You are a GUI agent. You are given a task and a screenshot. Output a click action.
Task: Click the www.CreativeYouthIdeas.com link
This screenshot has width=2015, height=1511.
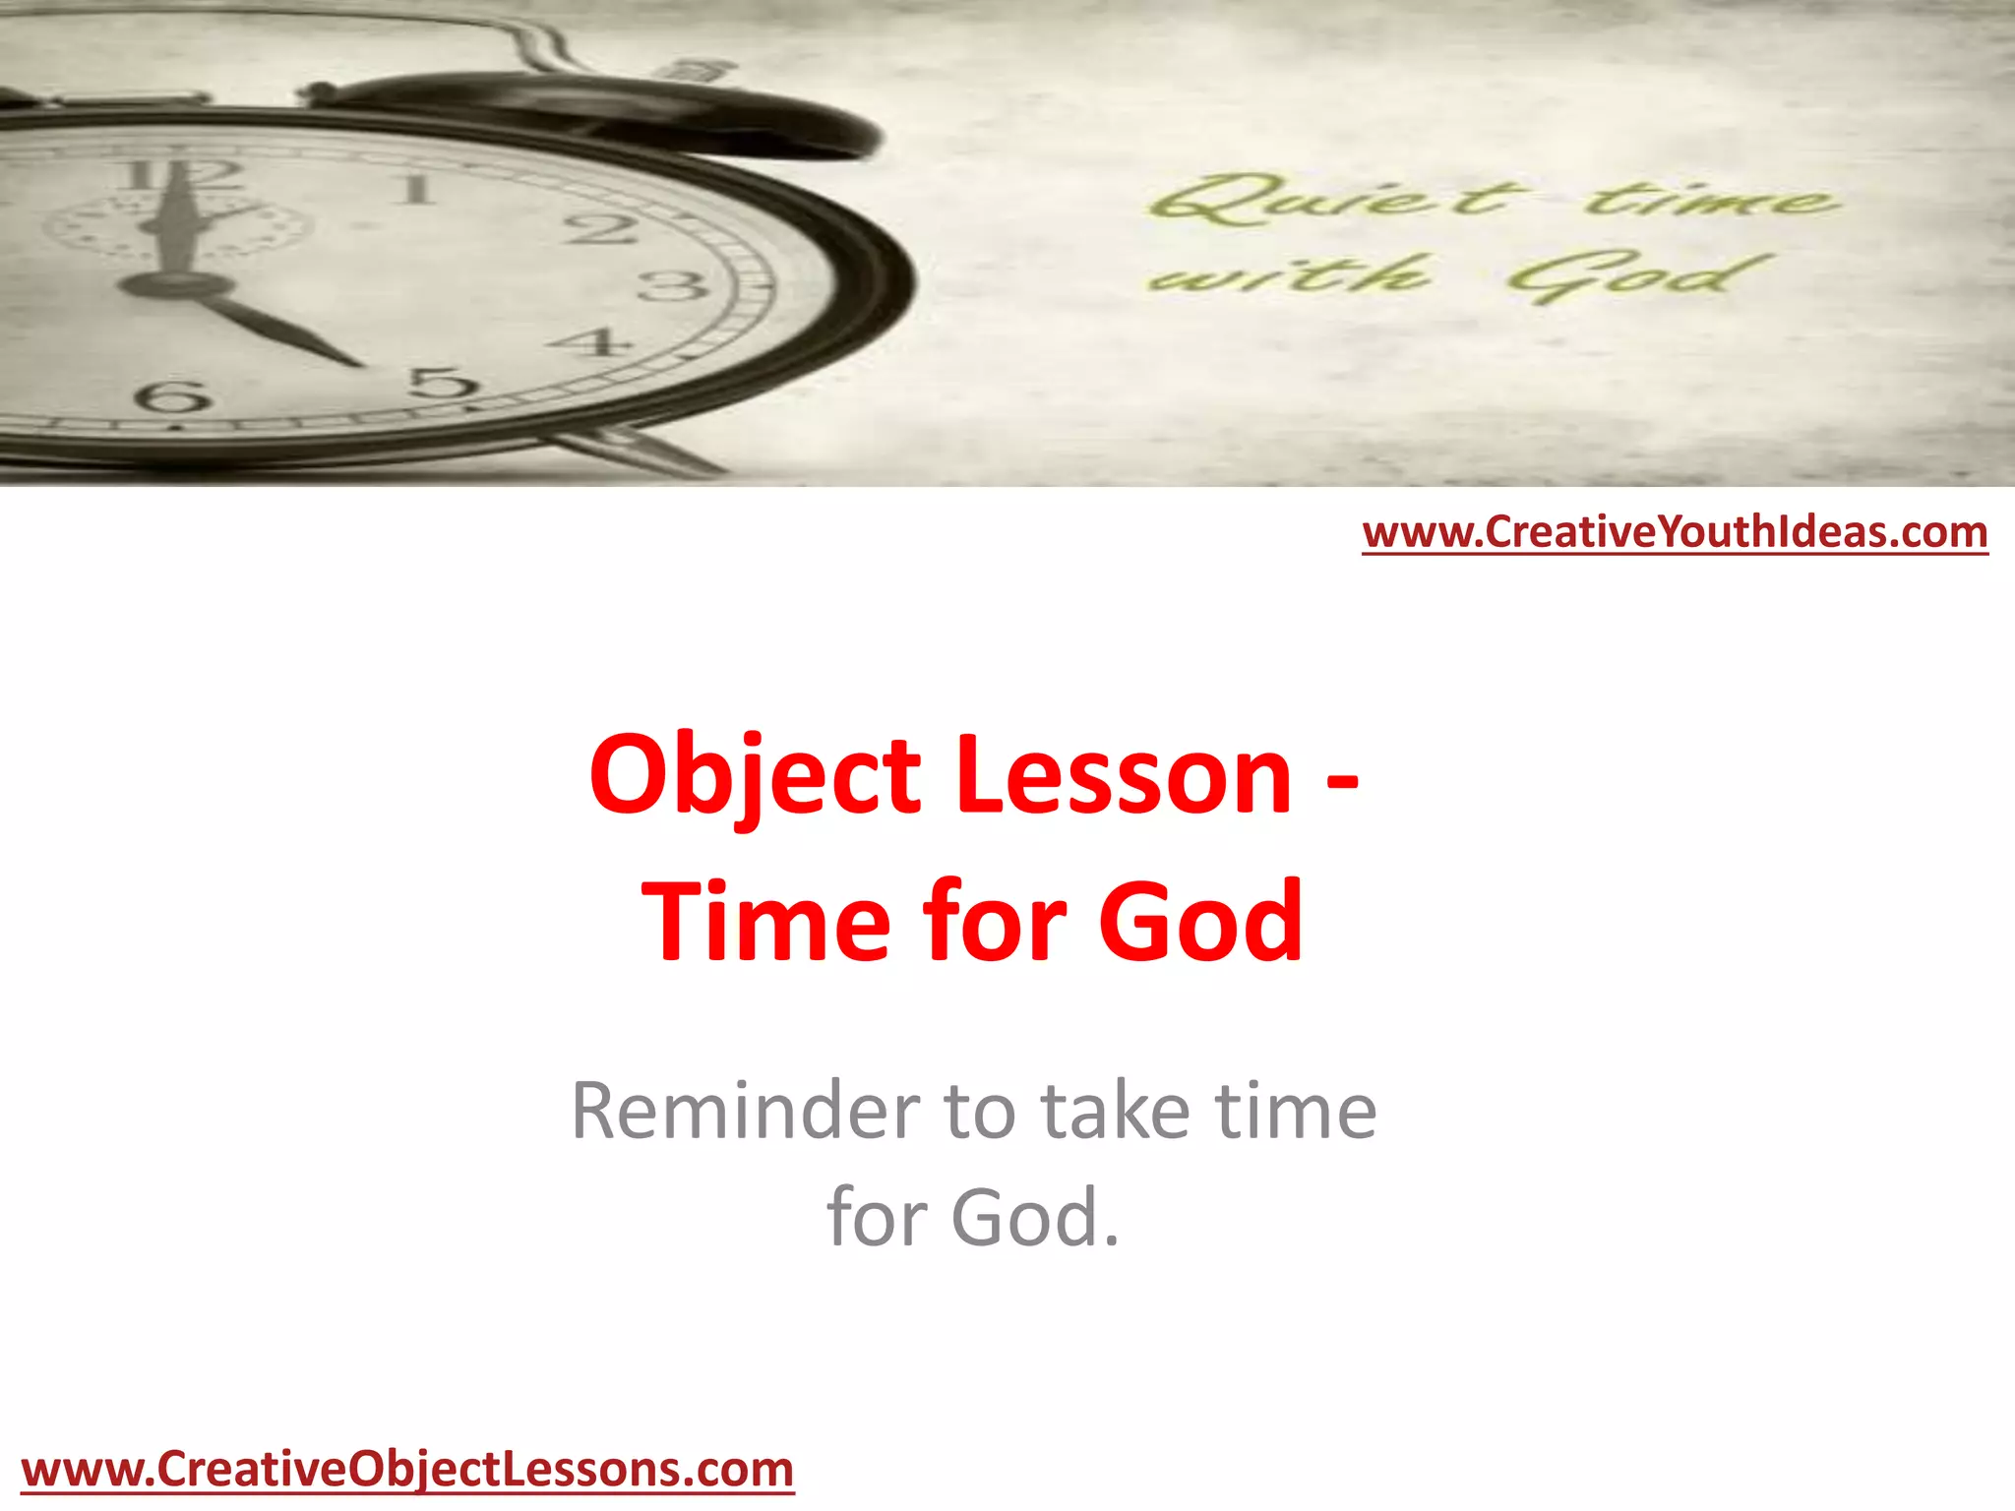point(1675,532)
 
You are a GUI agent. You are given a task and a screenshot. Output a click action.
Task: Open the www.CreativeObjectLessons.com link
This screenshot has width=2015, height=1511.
point(407,1470)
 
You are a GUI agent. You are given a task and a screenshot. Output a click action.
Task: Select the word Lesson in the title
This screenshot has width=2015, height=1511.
point(1123,777)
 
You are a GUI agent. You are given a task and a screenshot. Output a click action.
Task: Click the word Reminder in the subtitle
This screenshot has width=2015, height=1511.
point(743,1112)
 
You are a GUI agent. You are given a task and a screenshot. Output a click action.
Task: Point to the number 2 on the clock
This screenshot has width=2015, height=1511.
point(599,229)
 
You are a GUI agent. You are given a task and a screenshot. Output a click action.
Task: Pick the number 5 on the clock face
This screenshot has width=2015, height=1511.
point(445,382)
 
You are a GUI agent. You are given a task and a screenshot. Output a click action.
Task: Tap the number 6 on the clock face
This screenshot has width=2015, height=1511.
point(173,397)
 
